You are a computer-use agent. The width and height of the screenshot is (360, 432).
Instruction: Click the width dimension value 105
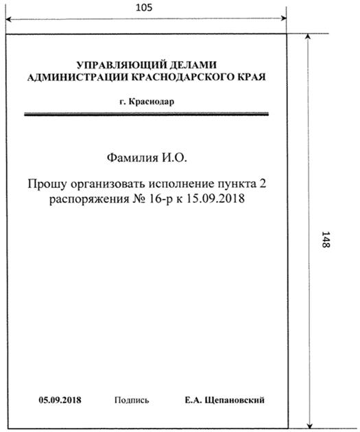(x=145, y=8)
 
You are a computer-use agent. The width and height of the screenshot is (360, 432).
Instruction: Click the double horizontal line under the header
(x=145, y=115)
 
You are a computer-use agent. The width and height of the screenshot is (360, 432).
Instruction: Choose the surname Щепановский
(x=236, y=400)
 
